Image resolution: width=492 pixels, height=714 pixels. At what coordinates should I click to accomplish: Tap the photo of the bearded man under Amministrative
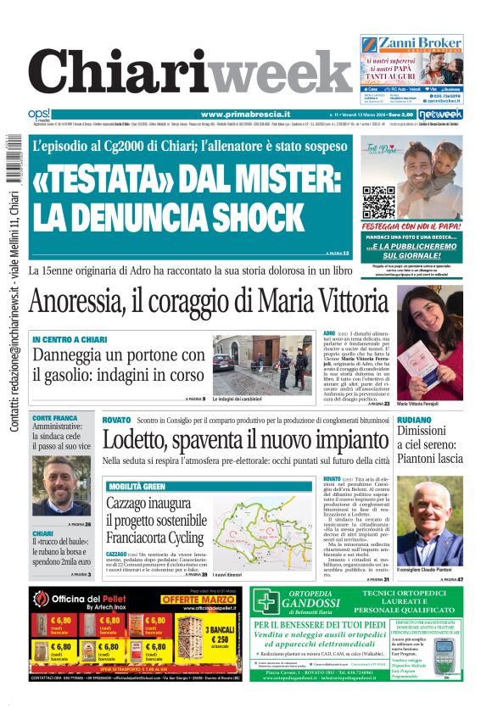61,485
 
